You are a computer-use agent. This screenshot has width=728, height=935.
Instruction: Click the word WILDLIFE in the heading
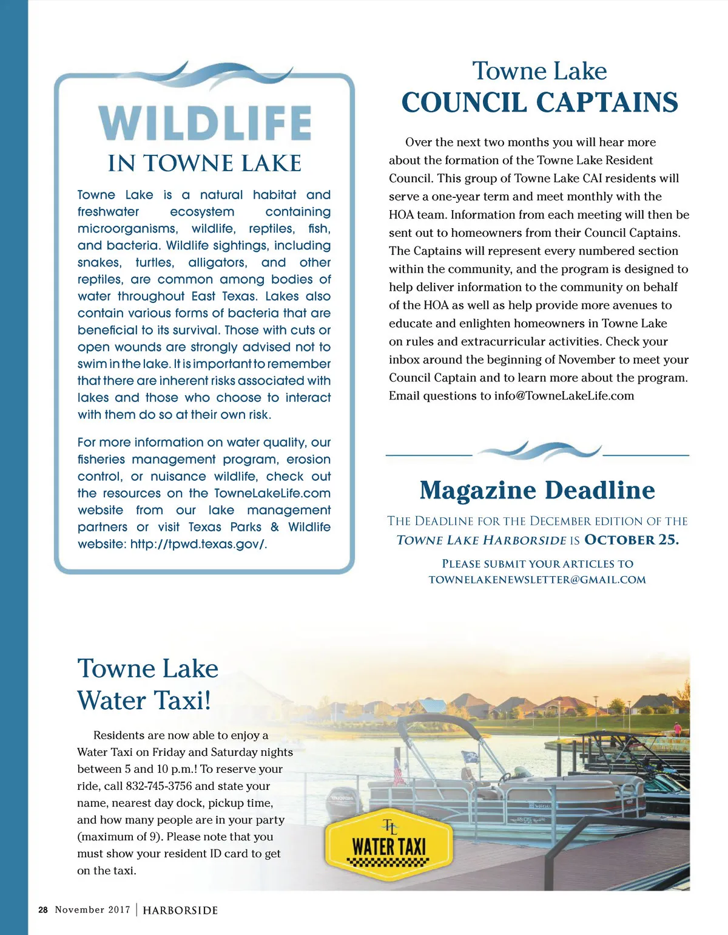click(205, 123)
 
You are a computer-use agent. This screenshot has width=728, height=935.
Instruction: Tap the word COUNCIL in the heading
click(464, 103)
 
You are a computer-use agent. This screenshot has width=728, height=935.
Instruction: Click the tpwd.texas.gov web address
click(198, 544)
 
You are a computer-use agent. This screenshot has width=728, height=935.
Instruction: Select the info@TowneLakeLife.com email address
click(564, 396)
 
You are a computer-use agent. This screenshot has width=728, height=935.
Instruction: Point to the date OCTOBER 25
click(632, 540)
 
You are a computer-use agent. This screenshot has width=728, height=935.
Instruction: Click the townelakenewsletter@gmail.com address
click(537, 579)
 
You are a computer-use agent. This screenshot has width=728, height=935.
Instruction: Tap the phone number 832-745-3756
click(159, 786)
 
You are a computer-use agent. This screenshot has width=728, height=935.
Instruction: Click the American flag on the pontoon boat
click(398, 772)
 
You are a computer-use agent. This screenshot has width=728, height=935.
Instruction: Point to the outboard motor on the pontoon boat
click(343, 804)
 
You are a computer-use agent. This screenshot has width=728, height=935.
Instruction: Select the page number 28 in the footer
click(42, 909)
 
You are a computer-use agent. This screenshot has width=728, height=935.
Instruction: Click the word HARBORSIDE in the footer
click(180, 910)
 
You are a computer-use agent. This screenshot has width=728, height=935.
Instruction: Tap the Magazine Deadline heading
click(537, 490)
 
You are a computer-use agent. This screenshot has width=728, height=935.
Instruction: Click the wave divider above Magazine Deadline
click(538, 451)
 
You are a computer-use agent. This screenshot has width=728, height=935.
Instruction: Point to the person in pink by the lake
click(677, 729)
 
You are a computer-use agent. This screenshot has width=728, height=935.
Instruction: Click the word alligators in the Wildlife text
click(218, 262)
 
